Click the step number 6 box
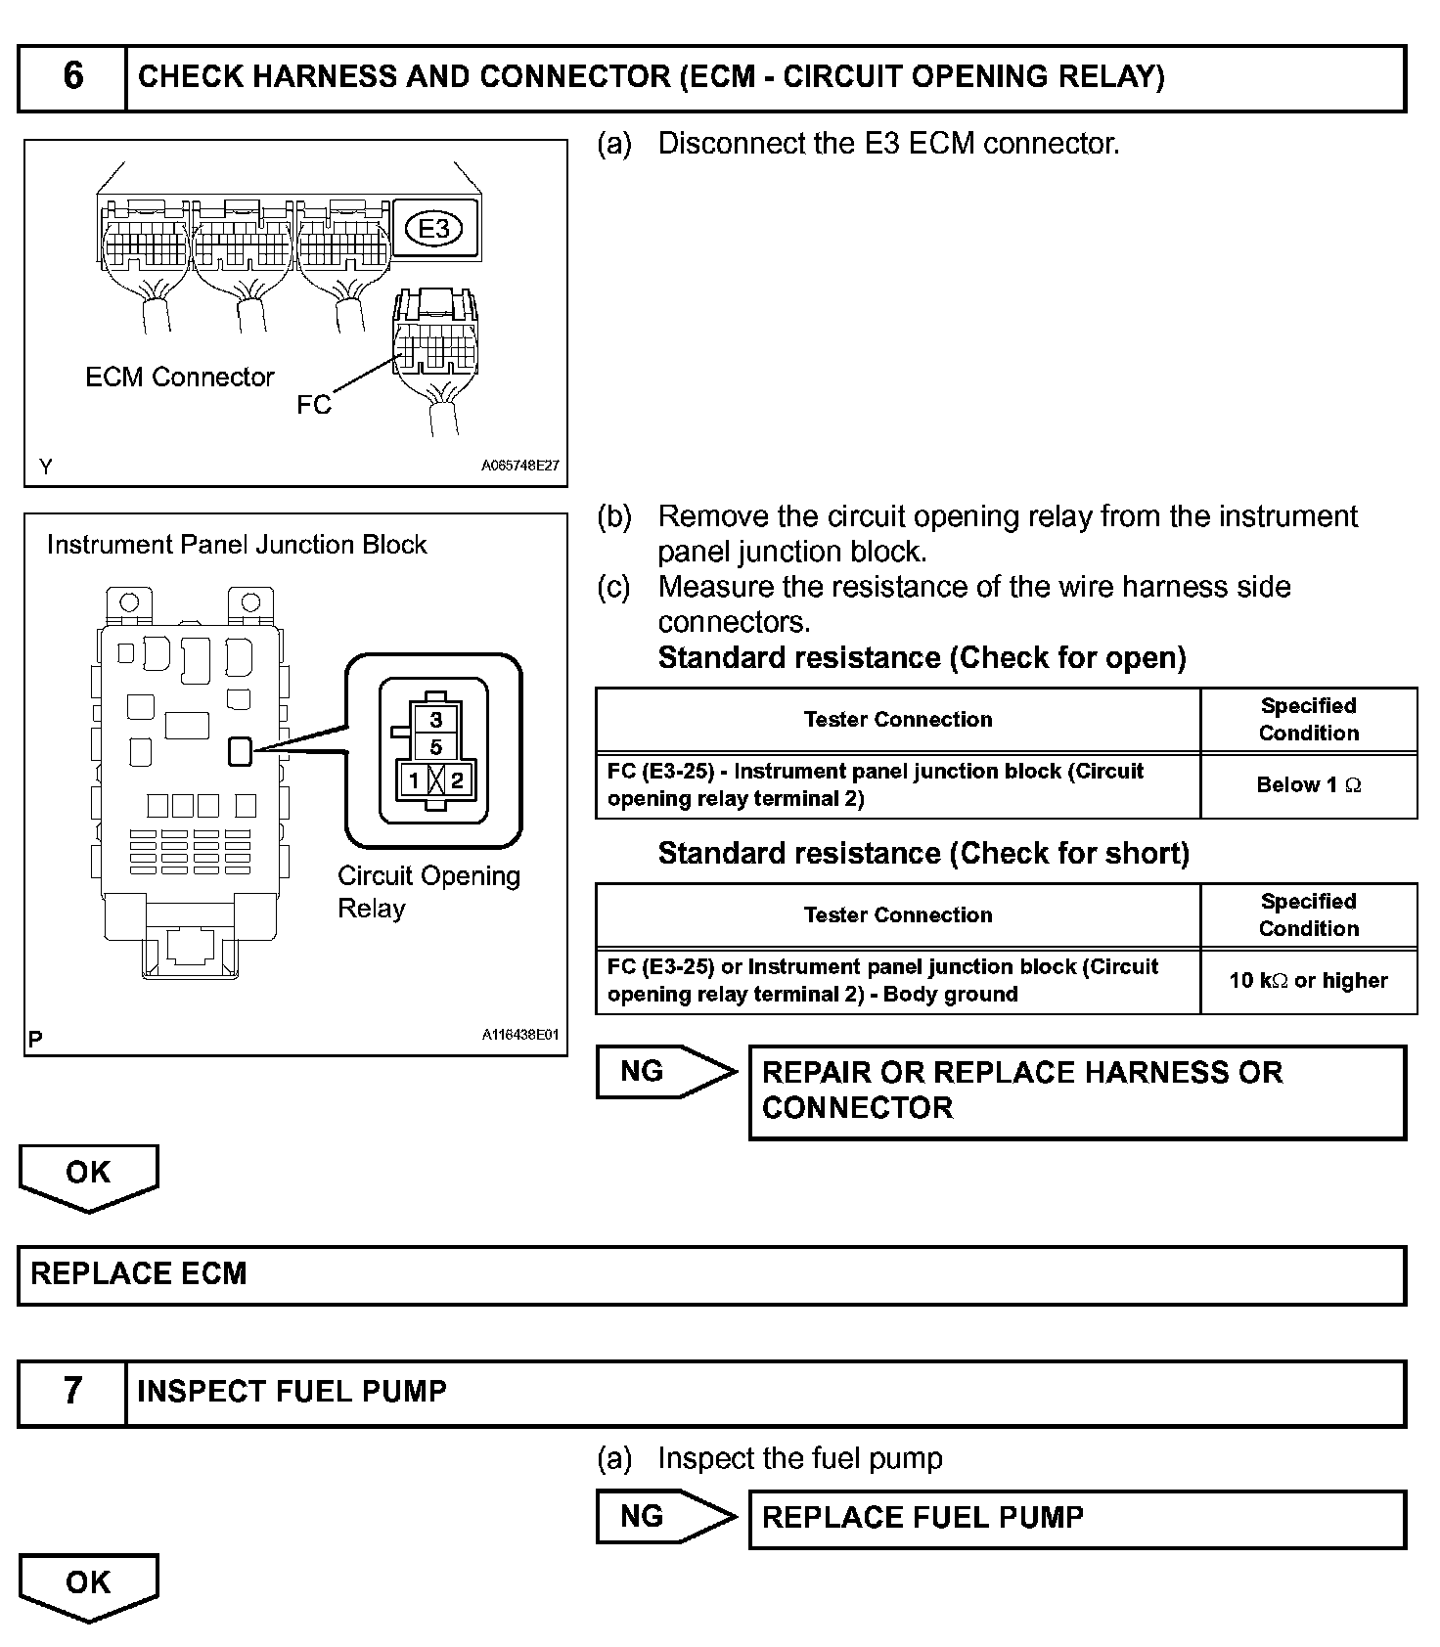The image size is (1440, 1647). [72, 77]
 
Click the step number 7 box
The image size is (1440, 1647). [72, 1392]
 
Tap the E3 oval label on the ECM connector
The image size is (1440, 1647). [433, 229]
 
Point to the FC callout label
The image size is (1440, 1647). [314, 405]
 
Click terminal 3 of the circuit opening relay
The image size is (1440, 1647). [436, 720]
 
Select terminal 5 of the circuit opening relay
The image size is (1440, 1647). [436, 747]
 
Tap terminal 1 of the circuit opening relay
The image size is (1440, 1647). [415, 780]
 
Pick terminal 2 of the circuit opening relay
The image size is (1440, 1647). [457, 780]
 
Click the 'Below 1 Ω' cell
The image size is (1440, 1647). [1308, 784]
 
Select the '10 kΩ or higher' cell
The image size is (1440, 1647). [1308, 980]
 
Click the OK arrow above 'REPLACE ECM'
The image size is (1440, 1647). [88, 1176]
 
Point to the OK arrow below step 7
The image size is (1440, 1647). [88, 1585]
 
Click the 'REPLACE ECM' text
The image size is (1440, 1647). [139, 1274]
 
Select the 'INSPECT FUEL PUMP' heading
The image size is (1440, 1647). [292, 1392]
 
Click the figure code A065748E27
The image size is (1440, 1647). [519, 467]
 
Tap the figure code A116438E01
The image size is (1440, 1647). [519, 1035]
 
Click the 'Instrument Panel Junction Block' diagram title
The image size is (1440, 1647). [237, 545]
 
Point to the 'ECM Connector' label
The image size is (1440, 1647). [180, 378]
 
